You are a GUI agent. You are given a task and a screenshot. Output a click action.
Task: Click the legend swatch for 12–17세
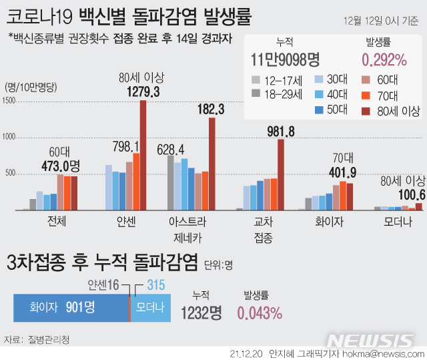(256, 81)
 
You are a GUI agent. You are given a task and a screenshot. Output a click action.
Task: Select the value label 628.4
(171, 148)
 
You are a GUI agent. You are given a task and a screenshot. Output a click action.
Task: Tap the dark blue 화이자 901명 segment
(71, 307)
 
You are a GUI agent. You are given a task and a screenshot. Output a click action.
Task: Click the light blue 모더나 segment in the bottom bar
(150, 307)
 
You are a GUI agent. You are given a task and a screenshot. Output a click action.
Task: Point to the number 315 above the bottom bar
(155, 285)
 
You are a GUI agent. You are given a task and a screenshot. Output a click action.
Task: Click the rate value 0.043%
(260, 312)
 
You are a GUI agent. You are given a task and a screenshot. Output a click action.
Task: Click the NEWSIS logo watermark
(370, 340)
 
